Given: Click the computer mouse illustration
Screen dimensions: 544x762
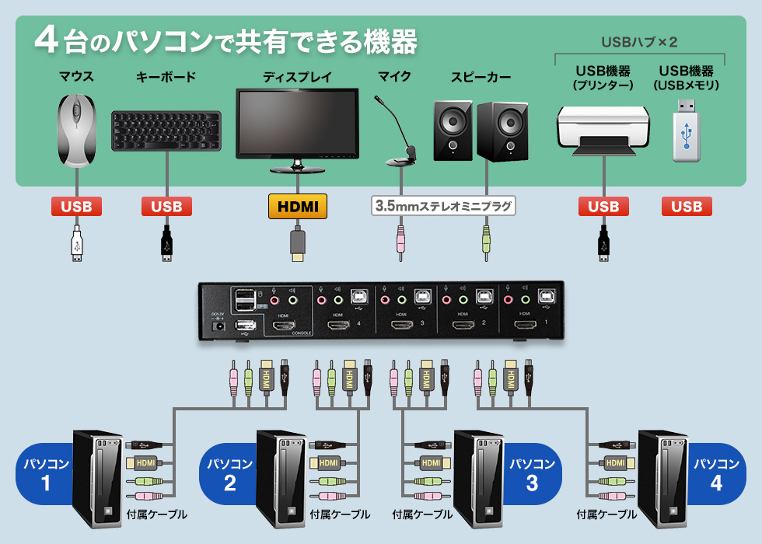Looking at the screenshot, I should pyautogui.click(x=76, y=131).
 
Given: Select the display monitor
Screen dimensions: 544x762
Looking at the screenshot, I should pyautogui.click(x=297, y=124).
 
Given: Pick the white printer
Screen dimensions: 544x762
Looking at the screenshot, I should pyautogui.click(x=603, y=130).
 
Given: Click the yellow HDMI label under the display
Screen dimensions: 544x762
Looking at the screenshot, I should pyautogui.click(x=297, y=207).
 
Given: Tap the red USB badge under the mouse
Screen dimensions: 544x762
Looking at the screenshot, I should pyautogui.click(x=76, y=207).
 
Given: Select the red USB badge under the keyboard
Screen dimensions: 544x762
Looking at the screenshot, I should pyautogui.click(x=166, y=207).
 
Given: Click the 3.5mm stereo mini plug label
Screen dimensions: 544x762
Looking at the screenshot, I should pyautogui.click(x=443, y=207).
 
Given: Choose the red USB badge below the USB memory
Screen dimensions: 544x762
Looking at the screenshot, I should pyautogui.click(x=687, y=207).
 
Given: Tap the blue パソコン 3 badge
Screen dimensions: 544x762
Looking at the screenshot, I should pyautogui.click(x=533, y=474).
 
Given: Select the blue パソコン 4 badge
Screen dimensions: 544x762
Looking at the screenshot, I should pyautogui.click(x=717, y=474).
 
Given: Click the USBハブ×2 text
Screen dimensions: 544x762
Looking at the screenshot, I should pyautogui.click(x=639, y=41).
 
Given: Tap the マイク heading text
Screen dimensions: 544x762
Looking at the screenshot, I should pyautogui.click(x=395, y=77).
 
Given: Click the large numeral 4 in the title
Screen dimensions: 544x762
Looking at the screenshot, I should pyautogui.click(x=47, y=41).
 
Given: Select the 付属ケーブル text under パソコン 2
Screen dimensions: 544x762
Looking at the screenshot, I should pyautogui.click(x=340, y=514).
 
